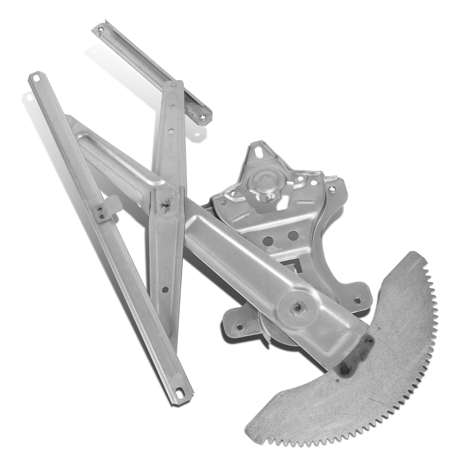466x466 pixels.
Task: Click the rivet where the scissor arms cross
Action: pos(166,205)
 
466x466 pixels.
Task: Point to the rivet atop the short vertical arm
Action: pos(173,86)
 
